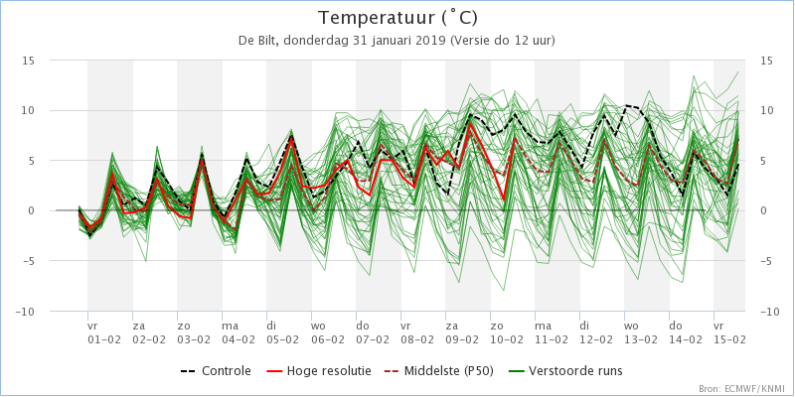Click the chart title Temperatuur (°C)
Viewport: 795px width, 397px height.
pos(397,19)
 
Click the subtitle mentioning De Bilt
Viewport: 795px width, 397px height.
pos(397,41)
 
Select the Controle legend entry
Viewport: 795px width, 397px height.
pos(216,371)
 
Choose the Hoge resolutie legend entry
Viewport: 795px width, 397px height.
pos(318,371)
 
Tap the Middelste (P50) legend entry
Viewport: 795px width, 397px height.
pos(438,371)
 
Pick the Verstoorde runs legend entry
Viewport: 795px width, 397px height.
pos(565,371)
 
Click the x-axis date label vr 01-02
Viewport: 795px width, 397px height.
pos(104,331)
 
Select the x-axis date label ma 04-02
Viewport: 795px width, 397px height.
pos(238,331)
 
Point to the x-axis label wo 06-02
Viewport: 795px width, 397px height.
pos(328,331)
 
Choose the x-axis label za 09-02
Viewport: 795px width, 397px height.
pos(462,331)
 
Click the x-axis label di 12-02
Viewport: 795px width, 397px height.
pos(596,331)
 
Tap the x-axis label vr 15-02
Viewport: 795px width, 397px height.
pos(729,331)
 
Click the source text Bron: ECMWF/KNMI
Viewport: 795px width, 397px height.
pos(743,389)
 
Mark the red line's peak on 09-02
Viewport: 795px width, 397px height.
pos(471,123)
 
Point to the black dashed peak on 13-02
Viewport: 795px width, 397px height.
pos(627,105)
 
